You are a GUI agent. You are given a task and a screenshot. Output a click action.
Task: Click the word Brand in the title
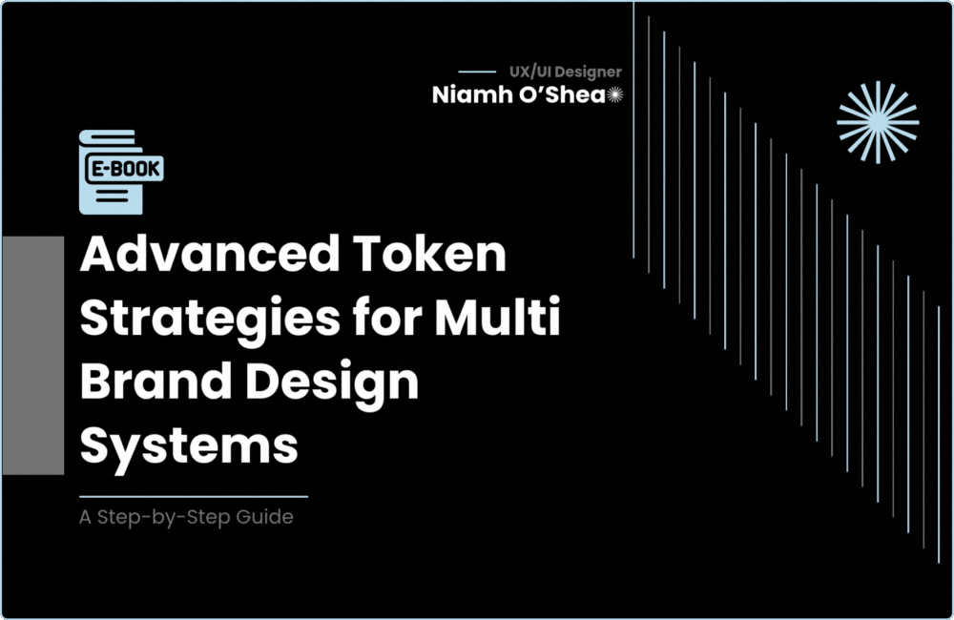(156, 382)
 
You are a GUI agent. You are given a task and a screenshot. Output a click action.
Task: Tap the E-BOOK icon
(122, 172)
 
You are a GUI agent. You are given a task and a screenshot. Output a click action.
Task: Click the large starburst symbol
(878, 122)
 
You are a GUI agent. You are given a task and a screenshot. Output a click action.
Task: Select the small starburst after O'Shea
(615, 94)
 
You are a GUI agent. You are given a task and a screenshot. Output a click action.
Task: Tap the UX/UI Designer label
(566, 72)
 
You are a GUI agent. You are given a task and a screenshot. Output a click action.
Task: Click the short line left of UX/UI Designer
(477, 72)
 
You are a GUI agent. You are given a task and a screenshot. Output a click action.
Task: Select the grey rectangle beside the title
(32, 355)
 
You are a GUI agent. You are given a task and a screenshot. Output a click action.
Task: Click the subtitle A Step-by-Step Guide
(186, 519)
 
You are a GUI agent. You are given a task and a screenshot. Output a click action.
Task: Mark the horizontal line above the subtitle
(194, 497)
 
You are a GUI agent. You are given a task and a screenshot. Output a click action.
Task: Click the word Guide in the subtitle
(268, 519)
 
